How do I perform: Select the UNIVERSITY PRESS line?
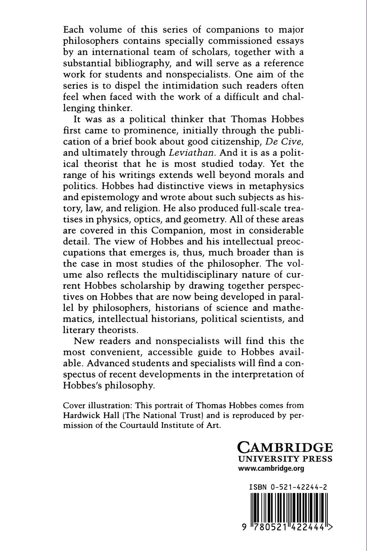coord(284,459)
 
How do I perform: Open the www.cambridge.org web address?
coord(270,468)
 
